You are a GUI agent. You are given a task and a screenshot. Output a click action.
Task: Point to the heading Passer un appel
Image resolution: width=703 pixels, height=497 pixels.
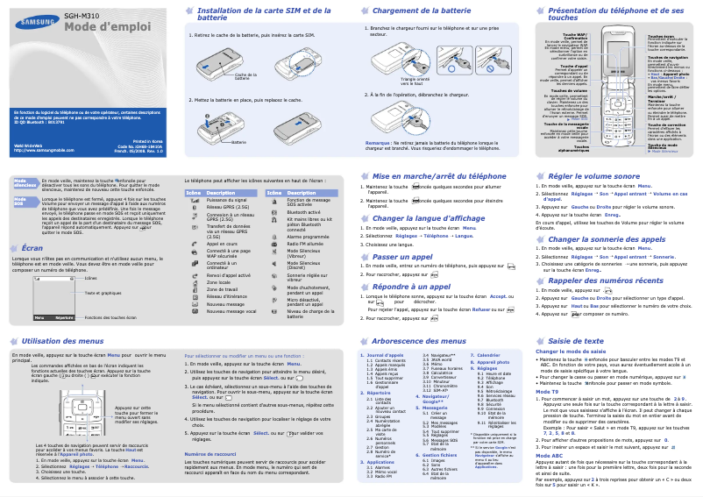coord(403,256)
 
